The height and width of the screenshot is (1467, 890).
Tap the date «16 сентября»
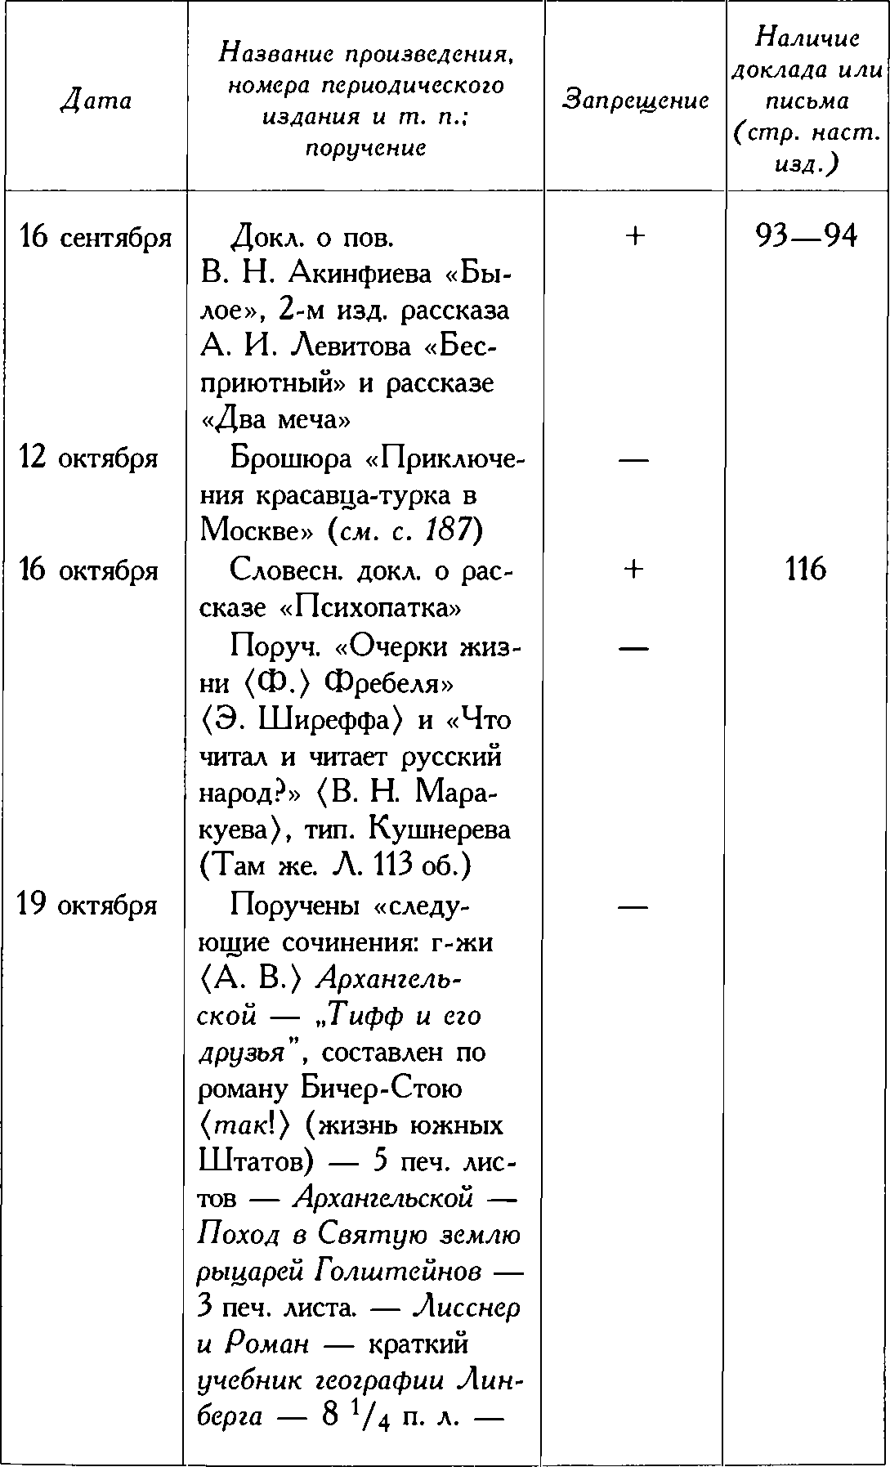(96, 238)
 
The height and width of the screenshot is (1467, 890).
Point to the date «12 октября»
(87, 458)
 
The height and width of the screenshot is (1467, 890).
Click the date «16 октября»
(87, 570)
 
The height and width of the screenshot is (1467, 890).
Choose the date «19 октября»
(87, 906)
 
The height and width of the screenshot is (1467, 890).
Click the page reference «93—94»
(807, 236)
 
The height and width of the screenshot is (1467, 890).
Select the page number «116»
(806, 570)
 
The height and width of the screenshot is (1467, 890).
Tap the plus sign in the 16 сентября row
(634, 236)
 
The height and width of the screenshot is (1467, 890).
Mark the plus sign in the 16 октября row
(634, 570)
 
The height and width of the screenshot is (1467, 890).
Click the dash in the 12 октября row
(634, 459)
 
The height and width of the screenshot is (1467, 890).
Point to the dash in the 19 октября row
(634, 906)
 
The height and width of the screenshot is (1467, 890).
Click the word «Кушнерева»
(441, 830)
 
